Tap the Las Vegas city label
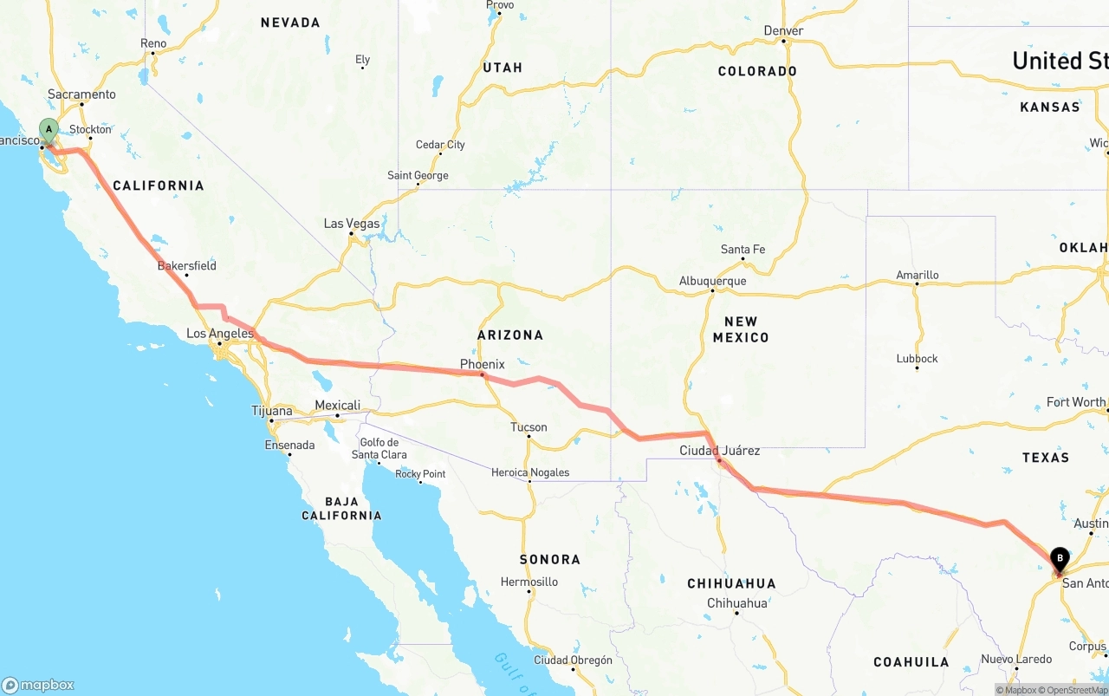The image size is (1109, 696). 352,224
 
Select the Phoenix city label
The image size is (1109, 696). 482,364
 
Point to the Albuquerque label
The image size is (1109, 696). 712,281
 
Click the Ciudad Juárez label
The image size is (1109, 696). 719,451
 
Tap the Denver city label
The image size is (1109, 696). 783,31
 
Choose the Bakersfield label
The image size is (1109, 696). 187,266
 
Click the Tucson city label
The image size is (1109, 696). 529,427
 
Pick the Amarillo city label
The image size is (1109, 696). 917,276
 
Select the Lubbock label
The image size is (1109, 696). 918,359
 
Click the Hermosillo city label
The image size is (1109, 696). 529,582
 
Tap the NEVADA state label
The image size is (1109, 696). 290,23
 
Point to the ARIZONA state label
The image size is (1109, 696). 510,335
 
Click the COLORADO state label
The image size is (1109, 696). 757,71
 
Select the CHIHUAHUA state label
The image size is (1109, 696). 731,583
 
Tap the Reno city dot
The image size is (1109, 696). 153,54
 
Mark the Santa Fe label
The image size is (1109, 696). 743,250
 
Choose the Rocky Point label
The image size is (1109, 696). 420,474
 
